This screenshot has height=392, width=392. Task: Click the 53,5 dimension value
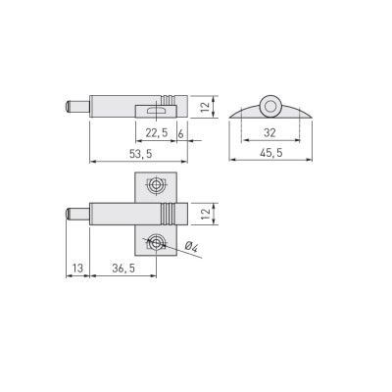click(141, 154)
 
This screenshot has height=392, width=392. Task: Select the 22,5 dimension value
click(157, 133)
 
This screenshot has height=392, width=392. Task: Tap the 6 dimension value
click(181, 133)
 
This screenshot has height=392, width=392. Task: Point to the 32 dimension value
click(269, 133)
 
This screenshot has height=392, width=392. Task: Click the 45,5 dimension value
click(269, 153)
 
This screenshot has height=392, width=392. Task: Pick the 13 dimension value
click(77, 269)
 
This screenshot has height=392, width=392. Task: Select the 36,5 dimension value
click(123, 269)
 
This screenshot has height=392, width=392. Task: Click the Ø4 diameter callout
click(191, 247)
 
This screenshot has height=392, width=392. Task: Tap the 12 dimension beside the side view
click(205, 107)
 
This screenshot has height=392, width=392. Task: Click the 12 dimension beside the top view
click(206, 214)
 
